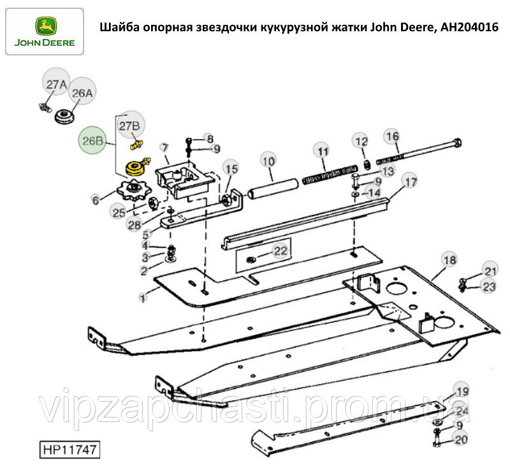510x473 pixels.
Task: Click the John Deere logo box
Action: pyautogui.click(x=45, y=32)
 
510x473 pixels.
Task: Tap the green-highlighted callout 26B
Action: pyautogui.click(x=92, y=140)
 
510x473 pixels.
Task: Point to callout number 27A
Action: pyautogui.click(x=56, y=85)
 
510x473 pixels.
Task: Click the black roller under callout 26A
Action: pyautogui.click(x=64, y=117)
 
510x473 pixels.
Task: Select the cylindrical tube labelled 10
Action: pyautogui.click(x=273, y=189)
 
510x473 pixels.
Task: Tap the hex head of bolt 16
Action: pyautogui.click(x=456, y=143)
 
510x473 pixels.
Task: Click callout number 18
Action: pyautogui.click(x=450, y=260)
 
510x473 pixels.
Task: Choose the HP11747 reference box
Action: pyautogui.click(x=69, y=450)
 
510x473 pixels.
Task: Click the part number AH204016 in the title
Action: pyautogui.click(x=469, y=27)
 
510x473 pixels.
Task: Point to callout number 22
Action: pyautogui.click(x=280, y=251)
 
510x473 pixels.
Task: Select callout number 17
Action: pyautogui.click(x=411, y=182)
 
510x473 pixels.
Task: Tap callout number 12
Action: pyautogui.click(x=361, y=142)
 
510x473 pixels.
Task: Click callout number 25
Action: pyautogui.click(x=119, y=212)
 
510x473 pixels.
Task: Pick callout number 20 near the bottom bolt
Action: pyautogui.click(x=461, y=440)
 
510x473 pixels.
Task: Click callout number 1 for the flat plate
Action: pyautogui.click(x=142, y=298)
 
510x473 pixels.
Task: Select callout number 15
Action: pyautogui.click(x=232, y=169)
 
